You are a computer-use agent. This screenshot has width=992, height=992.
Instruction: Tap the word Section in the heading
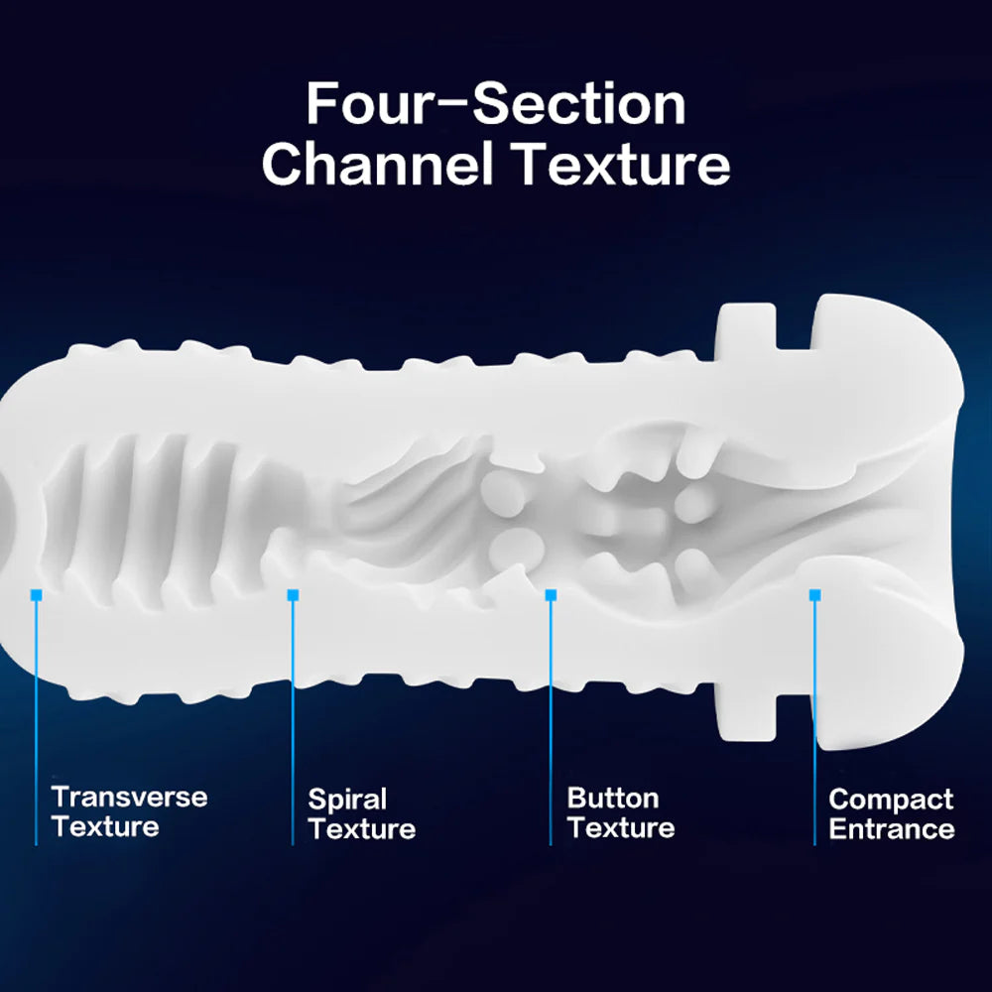coord(579,104)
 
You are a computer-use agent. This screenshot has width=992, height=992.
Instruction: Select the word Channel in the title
coord(377,163)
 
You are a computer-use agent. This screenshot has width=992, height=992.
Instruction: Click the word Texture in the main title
coord(621,164)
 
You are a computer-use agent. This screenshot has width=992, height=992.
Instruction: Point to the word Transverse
coord(129,798)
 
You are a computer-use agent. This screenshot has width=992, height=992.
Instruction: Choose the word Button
coord(612,798)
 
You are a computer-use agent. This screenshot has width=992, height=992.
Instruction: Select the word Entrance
coord(892,828)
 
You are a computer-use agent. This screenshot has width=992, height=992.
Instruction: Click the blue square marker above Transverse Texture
coord(36,595)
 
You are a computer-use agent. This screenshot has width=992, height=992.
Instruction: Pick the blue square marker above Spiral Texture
coord(293,595)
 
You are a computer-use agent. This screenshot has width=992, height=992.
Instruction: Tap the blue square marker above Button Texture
coord(551,595)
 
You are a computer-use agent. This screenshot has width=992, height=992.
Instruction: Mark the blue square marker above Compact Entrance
coord(814,595)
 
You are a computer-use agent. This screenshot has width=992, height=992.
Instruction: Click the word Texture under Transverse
coord(105,827)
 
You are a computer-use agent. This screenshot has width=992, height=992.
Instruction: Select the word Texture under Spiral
coord(362,828)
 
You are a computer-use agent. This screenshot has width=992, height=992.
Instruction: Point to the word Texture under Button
coord(621,827)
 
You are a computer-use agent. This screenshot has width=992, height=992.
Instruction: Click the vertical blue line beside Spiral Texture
coord(293,722)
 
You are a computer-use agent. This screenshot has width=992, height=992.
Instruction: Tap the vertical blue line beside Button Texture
coord(551,722)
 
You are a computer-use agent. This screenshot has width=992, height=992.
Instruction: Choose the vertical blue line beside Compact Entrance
coord(814,722)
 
